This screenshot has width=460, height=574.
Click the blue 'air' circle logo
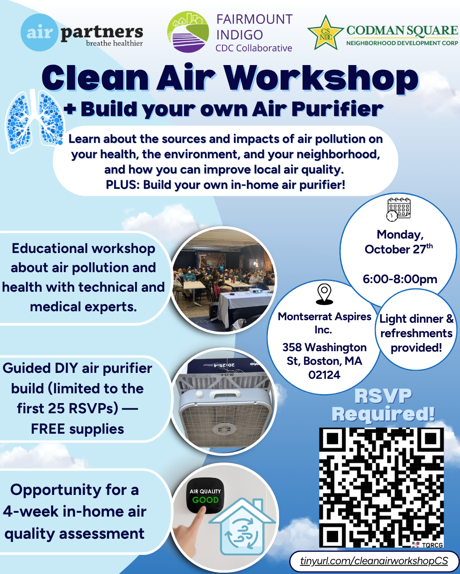(x=39, y=33)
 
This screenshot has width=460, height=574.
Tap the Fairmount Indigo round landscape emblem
(x=188, y=32)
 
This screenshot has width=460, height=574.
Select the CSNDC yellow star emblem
(x=325, y=33)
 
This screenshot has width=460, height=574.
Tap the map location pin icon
(x=324, y=294)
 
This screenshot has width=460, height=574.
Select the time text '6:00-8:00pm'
(x=400, y=279)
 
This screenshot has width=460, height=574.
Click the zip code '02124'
(x=324, y=375)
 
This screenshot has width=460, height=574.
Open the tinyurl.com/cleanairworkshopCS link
(x=374, y=560)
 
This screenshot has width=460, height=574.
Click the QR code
(x=382, y=488)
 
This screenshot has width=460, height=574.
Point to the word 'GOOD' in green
(x=205, y=500)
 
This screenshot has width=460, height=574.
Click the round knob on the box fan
(x=199, y=395)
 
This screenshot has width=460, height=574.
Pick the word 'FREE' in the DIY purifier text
(x=48, y=429)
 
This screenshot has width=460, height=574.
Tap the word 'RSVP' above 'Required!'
(x=383, y=396)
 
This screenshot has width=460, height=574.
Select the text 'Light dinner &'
(x=417, y=319)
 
